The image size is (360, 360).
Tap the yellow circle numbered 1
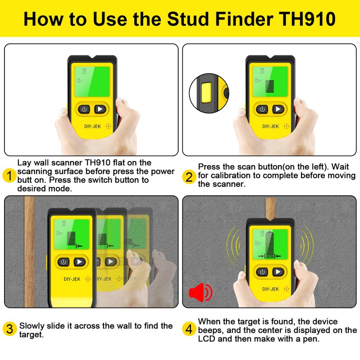pos(9,175)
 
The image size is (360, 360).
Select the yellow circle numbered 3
pos(9,329)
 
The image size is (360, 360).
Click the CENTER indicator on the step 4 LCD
pos(270,256)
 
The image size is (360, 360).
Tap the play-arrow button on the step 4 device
pos(279,272)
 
